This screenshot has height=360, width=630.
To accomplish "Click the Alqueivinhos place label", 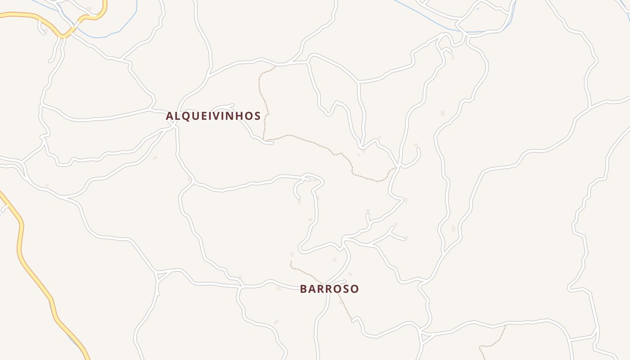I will pyautogui.click(x=213, y=116).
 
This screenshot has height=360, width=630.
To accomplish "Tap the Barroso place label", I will pyautogui.click(x=329, y=289).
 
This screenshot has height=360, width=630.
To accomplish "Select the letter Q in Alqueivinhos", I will pyautogui.click(x=187, y=116).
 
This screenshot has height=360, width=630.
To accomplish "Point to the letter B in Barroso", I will pyautogui.click(x=304, y=289).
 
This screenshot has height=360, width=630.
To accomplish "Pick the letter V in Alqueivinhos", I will pyautogui.click(x=216, y=116).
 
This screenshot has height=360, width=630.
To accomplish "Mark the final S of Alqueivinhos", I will pyautogui.click(x=257, y=116).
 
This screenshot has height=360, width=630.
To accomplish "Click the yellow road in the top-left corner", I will pyautogui.click(x=27, y=15).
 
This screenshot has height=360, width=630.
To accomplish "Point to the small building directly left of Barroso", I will pyautogui.click(x=279, y=288).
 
